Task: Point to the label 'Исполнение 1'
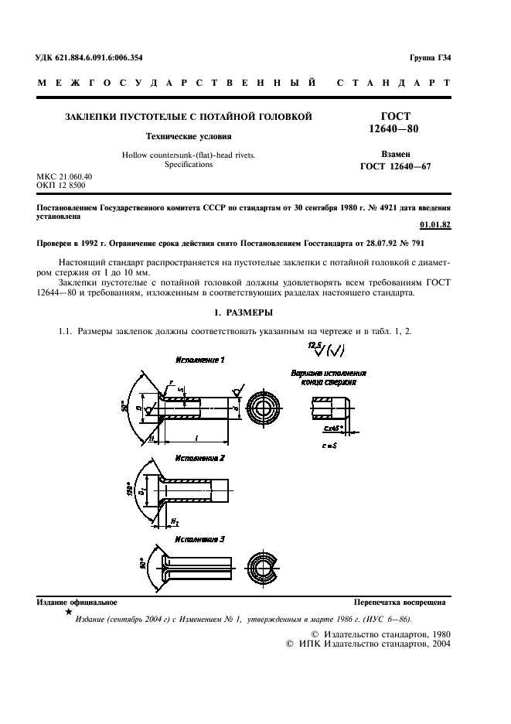(199, 360)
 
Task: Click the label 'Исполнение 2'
(199, 458)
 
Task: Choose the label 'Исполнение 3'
(199, 538)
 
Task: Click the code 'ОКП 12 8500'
(62, 186)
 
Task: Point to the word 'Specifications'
(189, 164)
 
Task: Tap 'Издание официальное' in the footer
(77, 601)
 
